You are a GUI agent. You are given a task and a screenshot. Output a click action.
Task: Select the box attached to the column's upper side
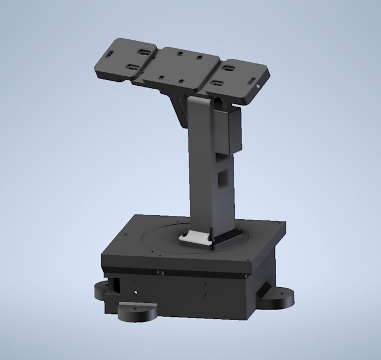[x=229, y=132]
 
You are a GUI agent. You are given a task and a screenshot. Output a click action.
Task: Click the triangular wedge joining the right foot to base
[x=262, y=293]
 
